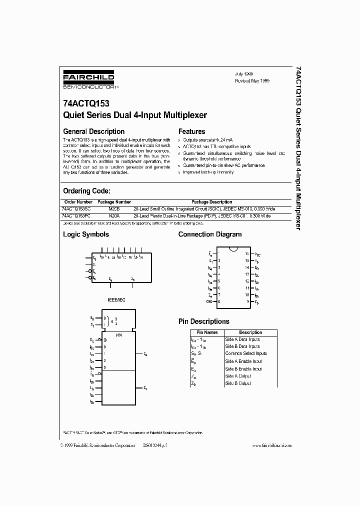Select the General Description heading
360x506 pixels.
click(93, 131)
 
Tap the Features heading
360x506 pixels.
click(191, 131)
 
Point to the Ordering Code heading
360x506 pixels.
click(86, 191)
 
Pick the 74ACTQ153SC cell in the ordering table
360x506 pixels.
click(76, 208)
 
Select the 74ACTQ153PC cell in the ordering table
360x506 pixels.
click(76, 215)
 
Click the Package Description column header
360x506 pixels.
click(211, 202)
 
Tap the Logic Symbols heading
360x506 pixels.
click(85, 234)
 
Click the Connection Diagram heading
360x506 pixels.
click(209, 234)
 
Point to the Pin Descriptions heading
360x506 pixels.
click(203, 321)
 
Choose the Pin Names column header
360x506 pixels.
click(206, 332)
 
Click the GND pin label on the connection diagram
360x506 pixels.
click(209, 302)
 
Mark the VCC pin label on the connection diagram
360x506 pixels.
click(257, 254)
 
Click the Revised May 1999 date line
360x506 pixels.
click(252, 80)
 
